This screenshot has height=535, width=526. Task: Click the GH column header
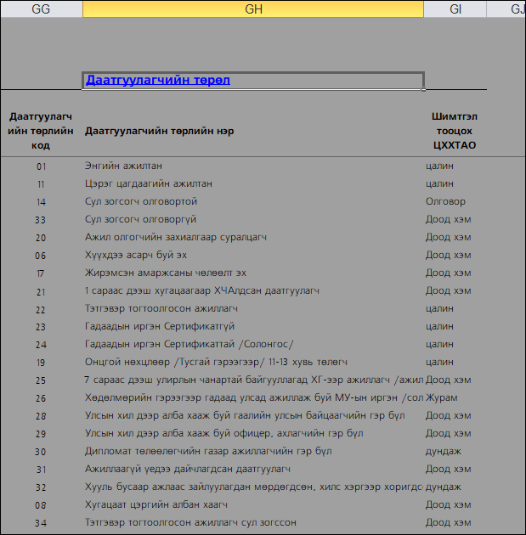coord(253,9)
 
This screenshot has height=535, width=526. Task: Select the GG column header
coord(41,9)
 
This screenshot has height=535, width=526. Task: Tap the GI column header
coord(455,9)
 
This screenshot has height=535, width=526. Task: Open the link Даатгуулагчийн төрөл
coord(158,81)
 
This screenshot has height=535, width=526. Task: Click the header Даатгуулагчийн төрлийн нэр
coord(160,131)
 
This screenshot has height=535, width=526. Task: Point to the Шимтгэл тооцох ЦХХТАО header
coord(455,132)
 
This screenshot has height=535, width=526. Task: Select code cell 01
coord(42,166)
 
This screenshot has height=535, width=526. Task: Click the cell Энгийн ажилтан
coord(124,166)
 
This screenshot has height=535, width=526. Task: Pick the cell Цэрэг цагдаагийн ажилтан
coord(149,183)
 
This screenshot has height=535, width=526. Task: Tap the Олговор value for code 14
coord(445,201)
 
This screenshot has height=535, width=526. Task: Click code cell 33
coord(41,219)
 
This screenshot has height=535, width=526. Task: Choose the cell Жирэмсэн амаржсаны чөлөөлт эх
coord(166,273)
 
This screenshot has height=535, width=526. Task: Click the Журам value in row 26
coord(441,397)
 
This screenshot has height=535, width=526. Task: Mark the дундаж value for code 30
coord(443,451)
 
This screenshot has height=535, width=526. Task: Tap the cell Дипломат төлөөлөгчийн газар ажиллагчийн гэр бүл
coord(208,451)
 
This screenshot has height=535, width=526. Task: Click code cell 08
coord(41,504)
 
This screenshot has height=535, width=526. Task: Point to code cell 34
coord(41,522)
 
